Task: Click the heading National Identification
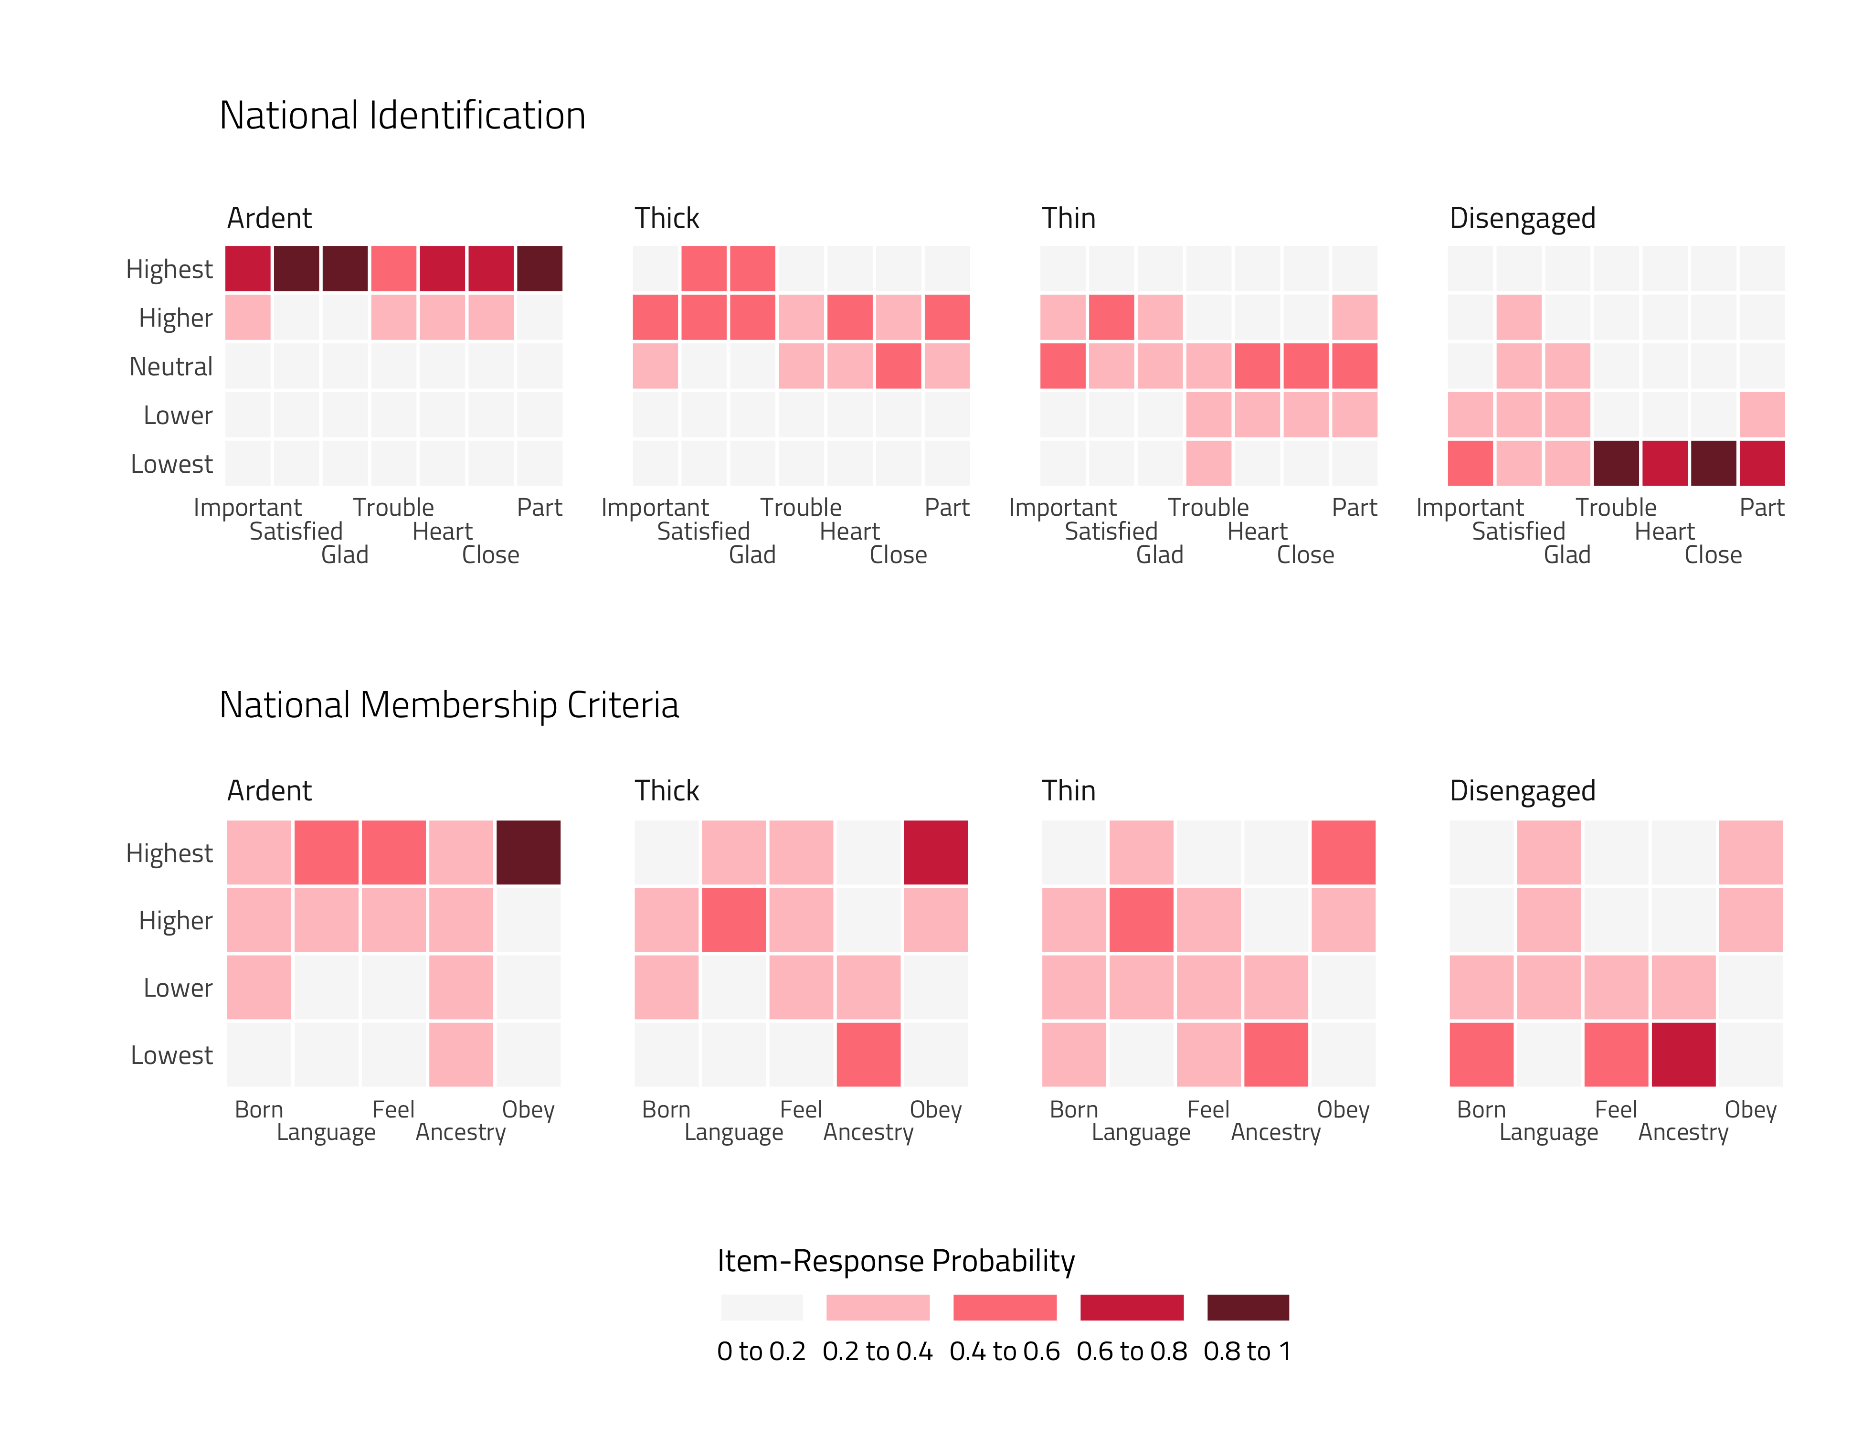[x=402, y=116]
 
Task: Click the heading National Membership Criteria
[x=448, y=705]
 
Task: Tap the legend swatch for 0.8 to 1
[x=1247, y=1307]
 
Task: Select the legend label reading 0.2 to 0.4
[x=878, y=1351]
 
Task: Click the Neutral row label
[x=170, y=367]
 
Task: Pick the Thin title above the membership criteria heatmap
[x=1069, y=791]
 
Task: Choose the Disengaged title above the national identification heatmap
[x=1522, y=219]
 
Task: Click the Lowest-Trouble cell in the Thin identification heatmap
[x=1208, y=464]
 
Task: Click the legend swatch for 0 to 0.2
[x=762, y=1307]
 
